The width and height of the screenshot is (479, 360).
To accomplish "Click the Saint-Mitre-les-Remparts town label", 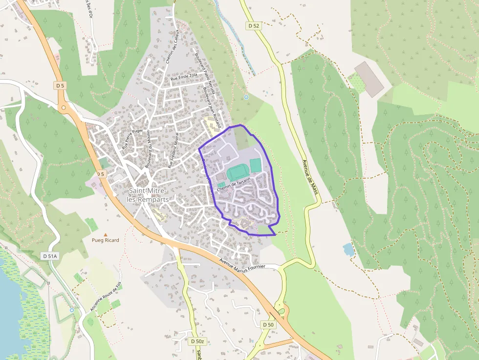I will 147,194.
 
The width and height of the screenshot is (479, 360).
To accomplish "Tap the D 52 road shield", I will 253,26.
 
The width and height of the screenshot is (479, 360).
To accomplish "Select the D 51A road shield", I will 50,255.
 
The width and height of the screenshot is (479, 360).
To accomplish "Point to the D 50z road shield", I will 197,341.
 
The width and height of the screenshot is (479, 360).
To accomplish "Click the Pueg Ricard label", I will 105,240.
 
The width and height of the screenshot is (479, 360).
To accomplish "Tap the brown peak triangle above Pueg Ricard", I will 105,234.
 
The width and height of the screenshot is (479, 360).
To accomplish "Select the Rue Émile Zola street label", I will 183,77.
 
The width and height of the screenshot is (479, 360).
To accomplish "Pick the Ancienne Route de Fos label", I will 105,296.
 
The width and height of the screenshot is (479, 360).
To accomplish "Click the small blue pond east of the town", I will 348,249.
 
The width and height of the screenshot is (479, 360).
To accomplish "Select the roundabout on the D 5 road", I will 63,107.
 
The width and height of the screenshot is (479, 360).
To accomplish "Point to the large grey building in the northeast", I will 369,79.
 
